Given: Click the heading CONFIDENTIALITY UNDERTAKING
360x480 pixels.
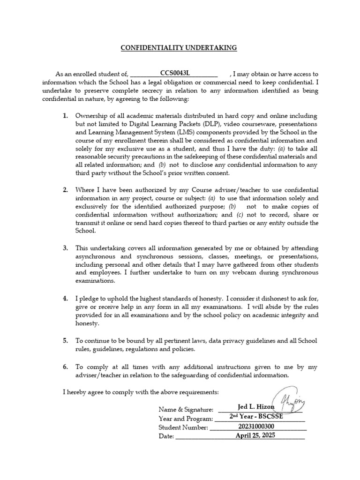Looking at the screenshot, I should [179, 48].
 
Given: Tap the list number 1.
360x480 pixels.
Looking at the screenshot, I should [66, 115].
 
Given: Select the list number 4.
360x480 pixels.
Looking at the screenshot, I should [66, 299].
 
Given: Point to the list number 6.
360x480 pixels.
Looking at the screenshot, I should [66, 367].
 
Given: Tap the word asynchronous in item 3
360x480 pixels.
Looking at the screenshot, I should [96, 256].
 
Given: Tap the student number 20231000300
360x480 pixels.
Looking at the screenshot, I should [257, 427].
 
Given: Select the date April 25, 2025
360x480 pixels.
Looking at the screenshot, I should [255, 435].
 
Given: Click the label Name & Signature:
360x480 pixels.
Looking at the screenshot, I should [186, 410].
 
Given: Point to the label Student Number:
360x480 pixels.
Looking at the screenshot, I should [183, 427].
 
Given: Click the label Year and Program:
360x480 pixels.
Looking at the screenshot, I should [186, 419].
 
